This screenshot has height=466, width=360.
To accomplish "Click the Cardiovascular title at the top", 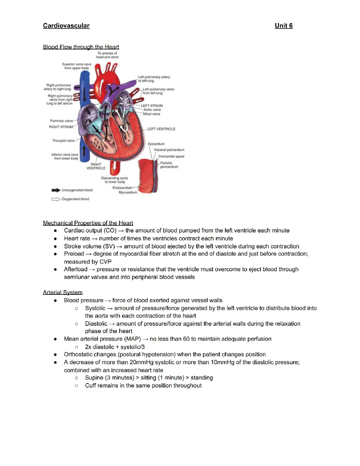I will click(66, 26).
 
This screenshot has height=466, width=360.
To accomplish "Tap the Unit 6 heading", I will click(284, 26).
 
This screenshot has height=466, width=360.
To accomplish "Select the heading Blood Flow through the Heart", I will click(81, 47).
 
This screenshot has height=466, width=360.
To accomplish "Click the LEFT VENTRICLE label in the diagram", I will click(161, 129).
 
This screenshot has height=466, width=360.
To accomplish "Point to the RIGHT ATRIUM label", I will click(61, 127).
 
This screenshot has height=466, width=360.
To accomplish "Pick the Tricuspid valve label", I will click(63, 141).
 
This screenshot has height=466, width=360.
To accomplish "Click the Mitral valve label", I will click(151, 114).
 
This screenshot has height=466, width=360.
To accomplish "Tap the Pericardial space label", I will click(171, 157).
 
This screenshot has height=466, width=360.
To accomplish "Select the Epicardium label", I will click(156, 144).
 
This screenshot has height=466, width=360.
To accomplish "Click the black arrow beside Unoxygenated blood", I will click(56, 190).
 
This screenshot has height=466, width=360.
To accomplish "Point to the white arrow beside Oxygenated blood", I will click(56, 199).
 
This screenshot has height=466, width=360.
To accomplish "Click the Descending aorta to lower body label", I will click(115, 180).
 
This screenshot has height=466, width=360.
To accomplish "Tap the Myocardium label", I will click(128, 192).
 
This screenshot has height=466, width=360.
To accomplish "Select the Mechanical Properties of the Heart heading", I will click(88, 223).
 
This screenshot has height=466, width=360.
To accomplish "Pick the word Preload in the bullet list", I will click(74, 254).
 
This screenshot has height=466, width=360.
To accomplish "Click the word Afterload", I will click(76, 269).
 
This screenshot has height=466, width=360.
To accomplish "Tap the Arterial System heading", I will click(63, 292).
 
